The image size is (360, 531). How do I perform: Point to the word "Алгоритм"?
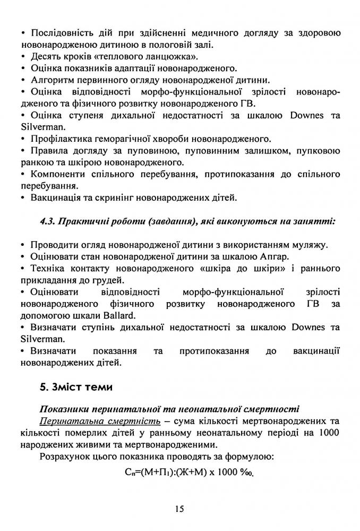[54, 80]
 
